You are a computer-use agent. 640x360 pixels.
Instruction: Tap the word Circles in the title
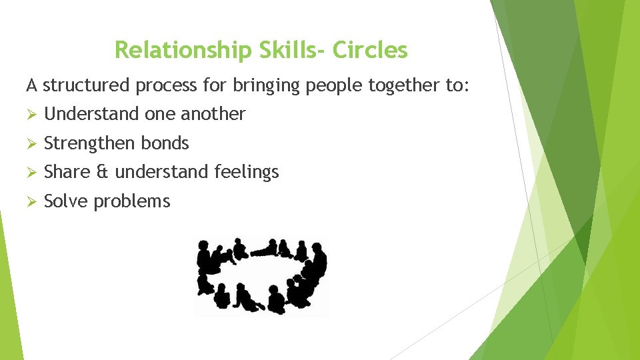pos(370,49)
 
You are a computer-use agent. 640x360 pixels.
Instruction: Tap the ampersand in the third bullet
pos(101,172)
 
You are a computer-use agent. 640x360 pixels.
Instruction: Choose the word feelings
pos(247,173)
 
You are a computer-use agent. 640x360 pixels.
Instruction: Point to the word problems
pos(132,202)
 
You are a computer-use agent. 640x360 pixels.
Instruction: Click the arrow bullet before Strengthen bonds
pos(31,143)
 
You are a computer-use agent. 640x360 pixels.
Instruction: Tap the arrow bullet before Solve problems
pos(31,201)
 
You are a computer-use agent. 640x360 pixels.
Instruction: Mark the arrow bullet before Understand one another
pos(31,114)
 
